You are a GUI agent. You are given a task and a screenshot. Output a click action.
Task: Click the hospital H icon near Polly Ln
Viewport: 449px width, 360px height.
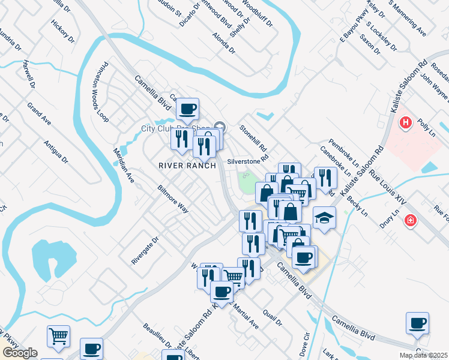pyautogui.click(x=406, y=122)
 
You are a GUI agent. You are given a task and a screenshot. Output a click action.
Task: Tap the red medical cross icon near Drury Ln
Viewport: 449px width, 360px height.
pyautogui.click(x=411, y=220)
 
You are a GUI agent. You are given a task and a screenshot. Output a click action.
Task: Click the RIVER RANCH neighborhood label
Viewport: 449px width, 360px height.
pyautogui.click(x=186, y=165)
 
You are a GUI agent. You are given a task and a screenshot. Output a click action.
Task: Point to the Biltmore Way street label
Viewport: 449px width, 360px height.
pyautogui.click(x=173, y=199)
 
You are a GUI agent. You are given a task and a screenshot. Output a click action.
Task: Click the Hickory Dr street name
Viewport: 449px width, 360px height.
pyautogui.click(x=62, y=32)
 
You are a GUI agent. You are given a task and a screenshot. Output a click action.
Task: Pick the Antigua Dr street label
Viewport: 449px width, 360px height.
pyautogui.click(x=56, y=151)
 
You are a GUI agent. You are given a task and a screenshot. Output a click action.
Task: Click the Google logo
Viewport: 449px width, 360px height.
pyautogui.click(x=20, y=352)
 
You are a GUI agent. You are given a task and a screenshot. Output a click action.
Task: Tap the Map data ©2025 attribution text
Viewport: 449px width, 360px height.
pyautogui.click(x=422, y=355)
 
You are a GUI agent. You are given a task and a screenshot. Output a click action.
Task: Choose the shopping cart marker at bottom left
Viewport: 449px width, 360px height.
pyautogui.click(x=58, y=336)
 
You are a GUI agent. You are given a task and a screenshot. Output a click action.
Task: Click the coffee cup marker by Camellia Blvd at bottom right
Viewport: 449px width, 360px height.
pyautogui.click(x=417, y=323)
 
